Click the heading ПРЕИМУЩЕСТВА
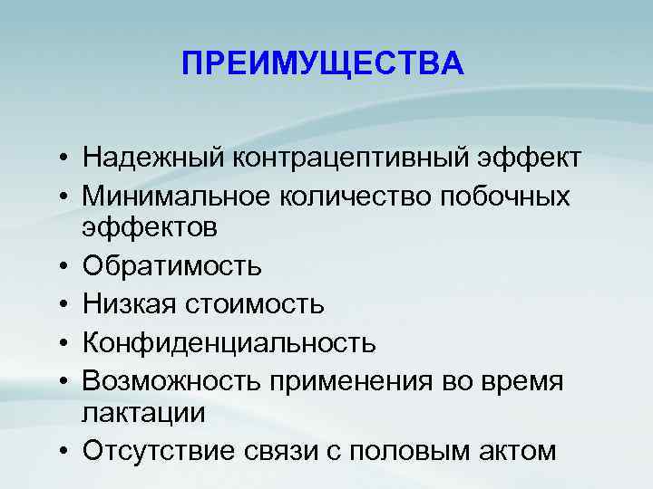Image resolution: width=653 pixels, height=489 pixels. [x=322, y=64]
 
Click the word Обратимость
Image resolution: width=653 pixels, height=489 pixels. [x=172, y=266]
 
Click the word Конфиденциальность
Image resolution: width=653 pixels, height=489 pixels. [x=229, y=342]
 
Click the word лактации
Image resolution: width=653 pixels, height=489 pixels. [x=143, y=412]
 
